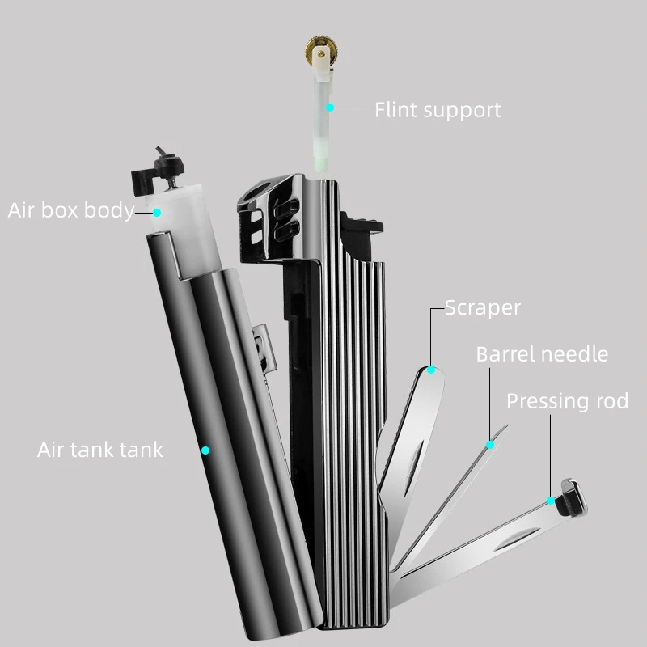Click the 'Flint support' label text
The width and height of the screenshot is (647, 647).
point(438,109)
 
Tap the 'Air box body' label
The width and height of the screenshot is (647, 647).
point(71,211)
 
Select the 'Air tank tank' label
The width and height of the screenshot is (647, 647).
point(100,450)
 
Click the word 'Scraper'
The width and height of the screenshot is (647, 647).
point(483,307)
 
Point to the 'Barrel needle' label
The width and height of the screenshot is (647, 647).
point(542,353)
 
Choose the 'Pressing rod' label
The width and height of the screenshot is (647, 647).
point(567,401)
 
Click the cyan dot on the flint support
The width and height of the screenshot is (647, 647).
point(330,107)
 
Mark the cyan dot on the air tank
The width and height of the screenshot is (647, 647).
point(205,450)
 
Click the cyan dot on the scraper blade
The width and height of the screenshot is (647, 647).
point(431,370)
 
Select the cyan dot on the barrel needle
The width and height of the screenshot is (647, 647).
point(489,444)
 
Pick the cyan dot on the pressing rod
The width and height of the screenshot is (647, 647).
point(552,501)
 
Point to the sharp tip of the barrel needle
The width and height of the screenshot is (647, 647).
point(505,426)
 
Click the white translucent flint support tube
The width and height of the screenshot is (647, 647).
point(325,129)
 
